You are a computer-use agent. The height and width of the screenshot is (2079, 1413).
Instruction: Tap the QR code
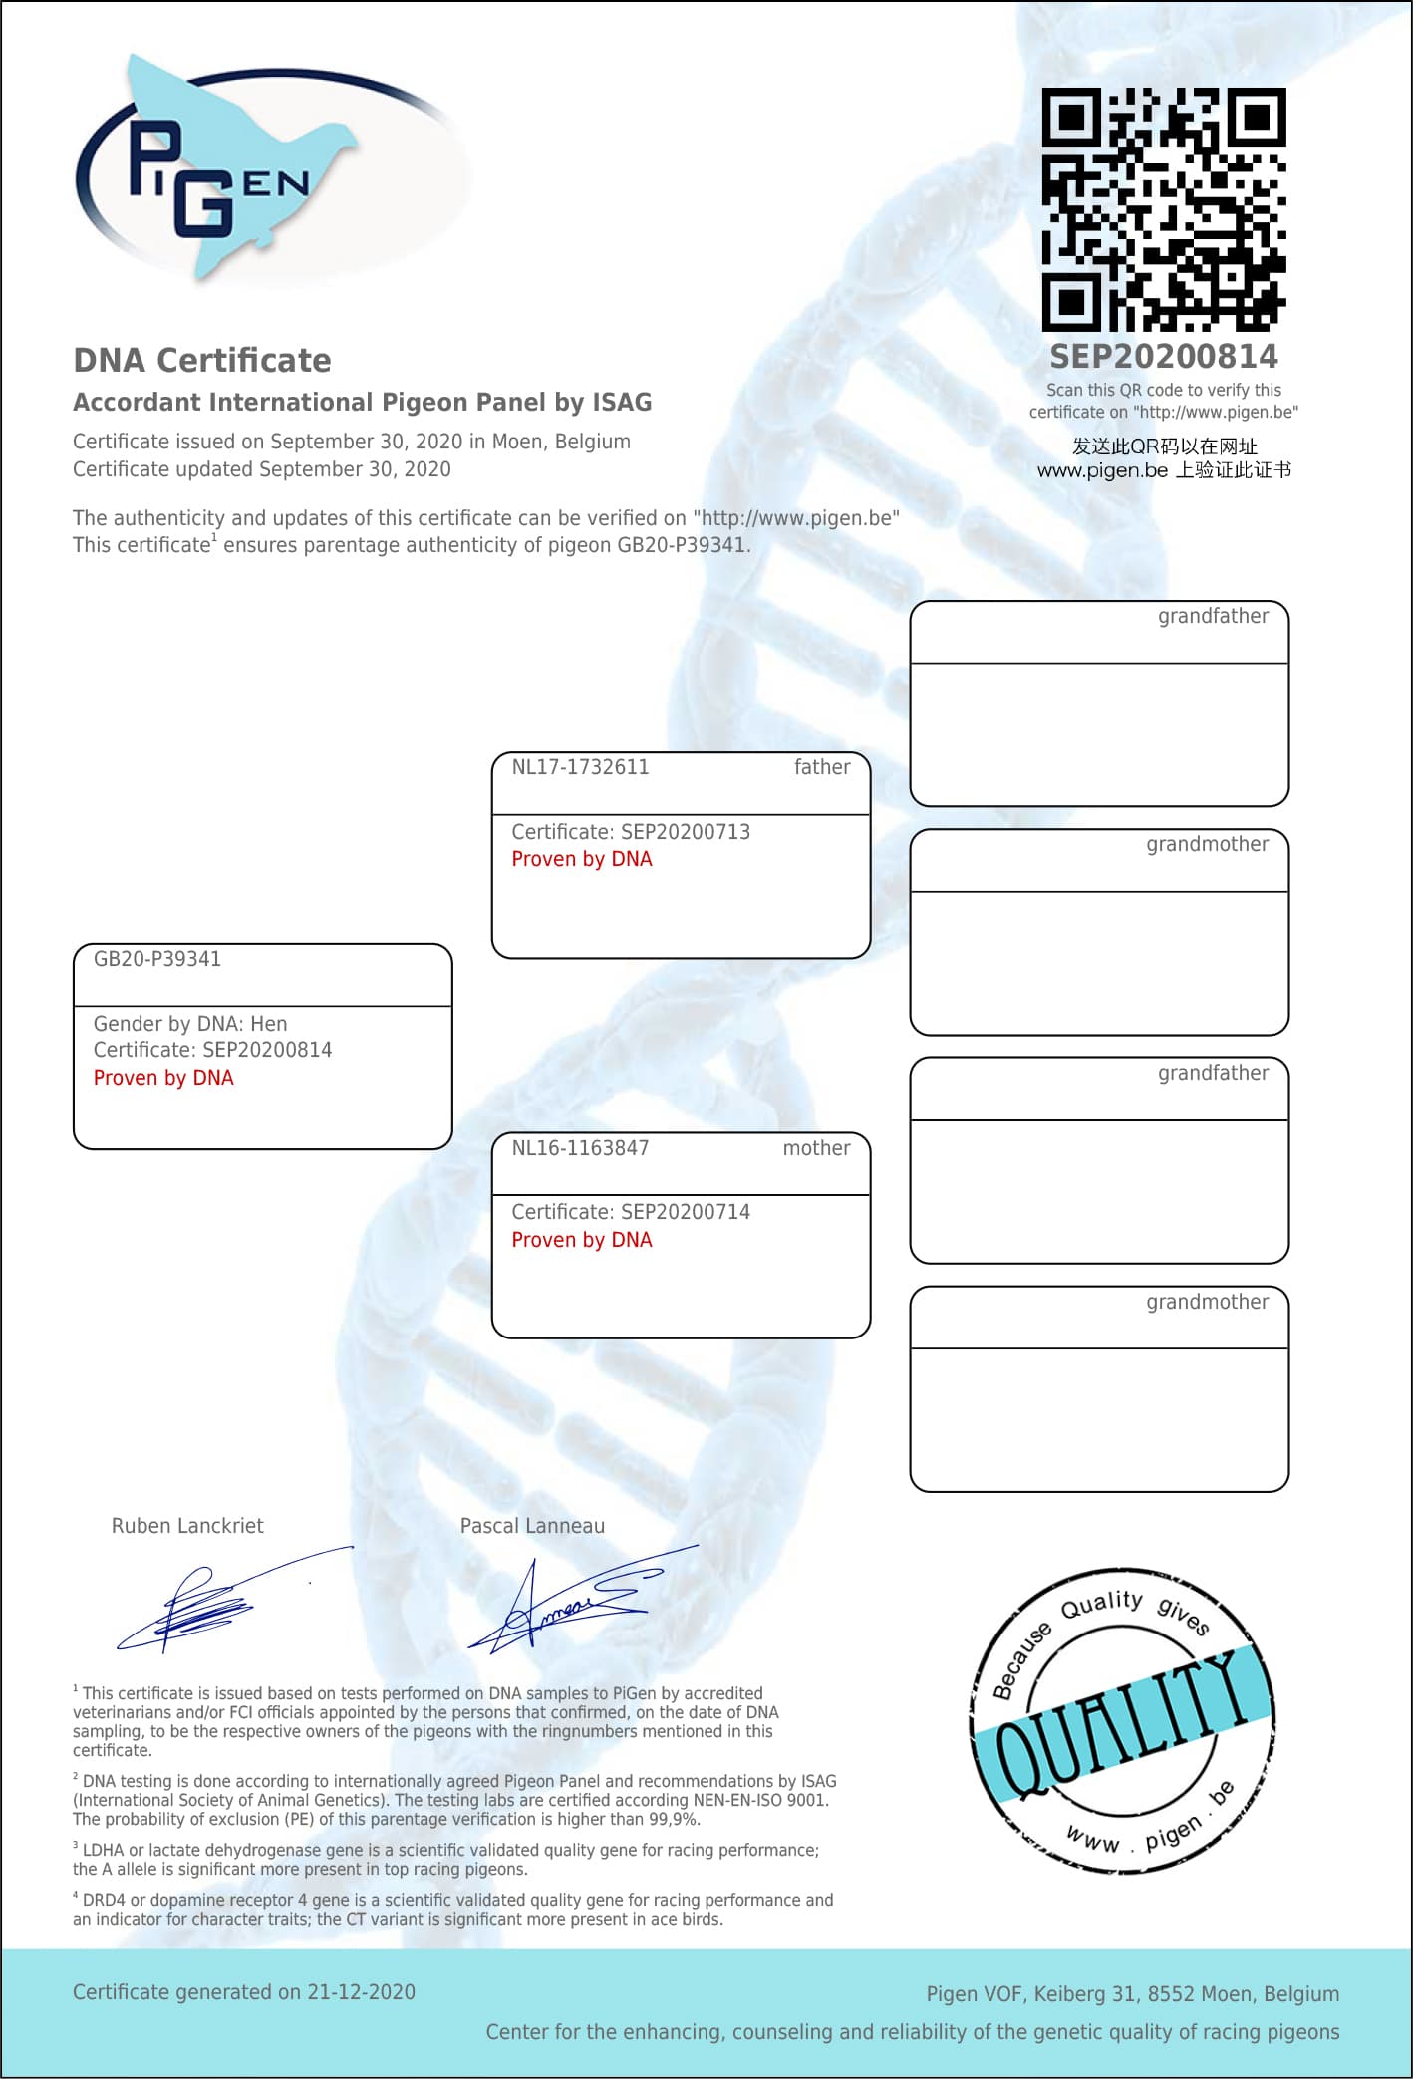1163,209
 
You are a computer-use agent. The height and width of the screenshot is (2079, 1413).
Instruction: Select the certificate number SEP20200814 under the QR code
1163,357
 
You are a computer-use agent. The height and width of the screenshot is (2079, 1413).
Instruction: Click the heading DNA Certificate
202,360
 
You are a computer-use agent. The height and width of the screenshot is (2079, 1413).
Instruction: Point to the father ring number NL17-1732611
580,767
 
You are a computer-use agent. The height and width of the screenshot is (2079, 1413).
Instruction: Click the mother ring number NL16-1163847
580,1148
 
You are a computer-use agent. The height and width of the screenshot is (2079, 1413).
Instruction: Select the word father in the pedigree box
822,767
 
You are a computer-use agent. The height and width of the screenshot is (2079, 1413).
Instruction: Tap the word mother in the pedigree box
816,1148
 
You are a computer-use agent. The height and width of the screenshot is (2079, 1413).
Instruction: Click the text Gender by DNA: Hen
190,1024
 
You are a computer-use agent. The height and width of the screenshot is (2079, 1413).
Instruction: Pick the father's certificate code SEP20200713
686,832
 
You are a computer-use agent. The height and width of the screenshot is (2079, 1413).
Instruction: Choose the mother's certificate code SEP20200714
686,1212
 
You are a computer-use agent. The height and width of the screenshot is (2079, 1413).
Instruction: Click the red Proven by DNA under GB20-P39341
163,1078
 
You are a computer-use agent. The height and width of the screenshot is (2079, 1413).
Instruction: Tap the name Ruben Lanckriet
187,1526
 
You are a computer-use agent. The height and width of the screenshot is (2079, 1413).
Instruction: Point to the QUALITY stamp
1123,1719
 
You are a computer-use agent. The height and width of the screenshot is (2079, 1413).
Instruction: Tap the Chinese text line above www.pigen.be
1164,446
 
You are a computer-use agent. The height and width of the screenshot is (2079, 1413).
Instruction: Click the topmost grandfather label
1213,616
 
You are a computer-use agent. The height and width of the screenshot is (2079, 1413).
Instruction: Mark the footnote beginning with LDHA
445,1860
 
